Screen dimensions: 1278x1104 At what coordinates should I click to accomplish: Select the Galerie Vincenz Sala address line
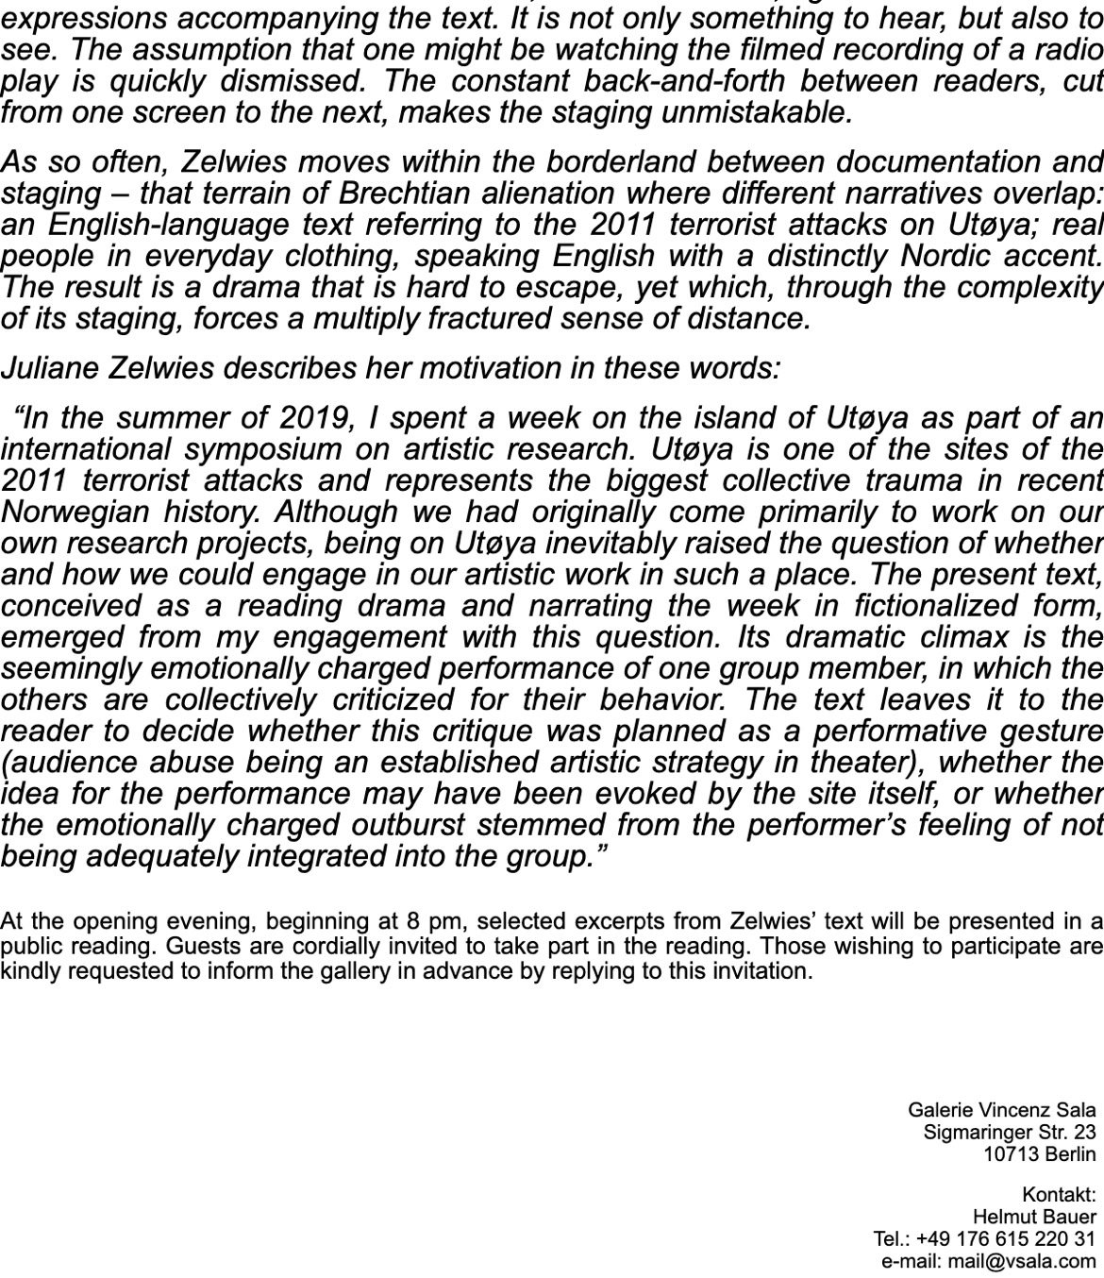pos(1001,1110)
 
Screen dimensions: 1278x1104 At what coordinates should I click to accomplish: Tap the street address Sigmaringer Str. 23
pos(1010,1132)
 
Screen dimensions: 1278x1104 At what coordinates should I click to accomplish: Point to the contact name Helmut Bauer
pos(1034,1217)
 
